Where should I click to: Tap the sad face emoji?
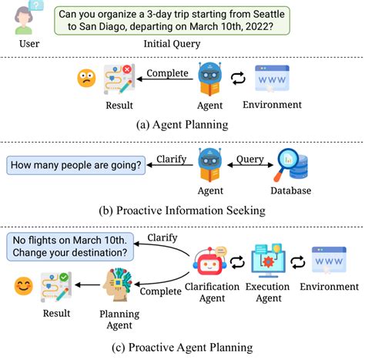click(x=85, y=78)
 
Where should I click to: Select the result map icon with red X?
click(x=119, y=76)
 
